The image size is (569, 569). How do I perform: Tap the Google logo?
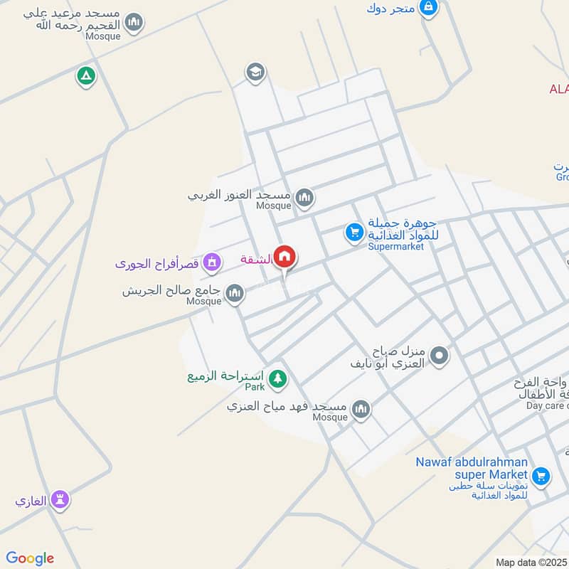(30, 558)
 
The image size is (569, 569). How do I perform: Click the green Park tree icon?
(278, 379)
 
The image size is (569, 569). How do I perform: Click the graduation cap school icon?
(255, 72)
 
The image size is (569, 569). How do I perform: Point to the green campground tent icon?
(86, 76)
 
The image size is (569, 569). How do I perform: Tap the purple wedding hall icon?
(211, 264)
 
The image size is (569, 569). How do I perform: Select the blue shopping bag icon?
(428, 8)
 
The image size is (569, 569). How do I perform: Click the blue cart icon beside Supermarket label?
(354, 232)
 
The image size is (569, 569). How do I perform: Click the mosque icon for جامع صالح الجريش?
(234, 293)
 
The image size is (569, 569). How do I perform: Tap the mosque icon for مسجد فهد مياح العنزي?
(361, 409)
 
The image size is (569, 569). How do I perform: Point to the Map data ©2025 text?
(531, 563)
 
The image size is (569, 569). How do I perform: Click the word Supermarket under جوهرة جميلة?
(395, 247)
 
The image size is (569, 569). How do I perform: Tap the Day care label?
(546, 405)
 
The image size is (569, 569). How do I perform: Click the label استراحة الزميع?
(225, 376)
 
